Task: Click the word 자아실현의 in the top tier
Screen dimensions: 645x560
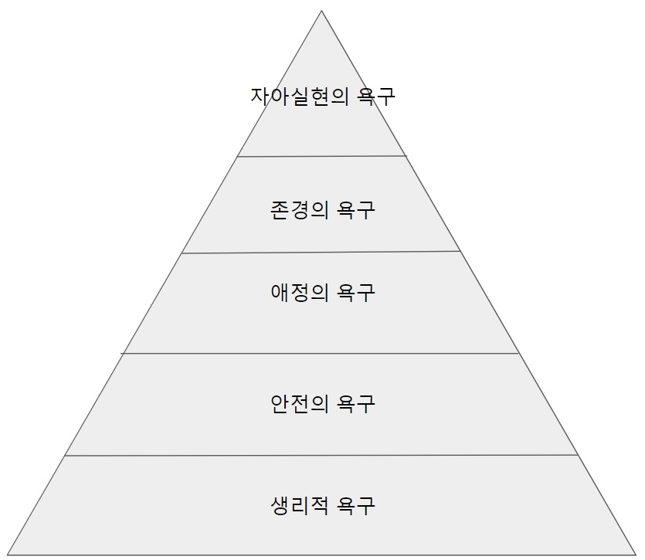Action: tap(301, 97)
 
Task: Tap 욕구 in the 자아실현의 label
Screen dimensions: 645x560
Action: tap(378, 97)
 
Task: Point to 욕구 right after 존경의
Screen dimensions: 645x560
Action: tap(357, 209)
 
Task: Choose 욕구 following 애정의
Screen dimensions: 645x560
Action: tap(357, 292)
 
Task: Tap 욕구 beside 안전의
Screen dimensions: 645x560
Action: tap(357, 403)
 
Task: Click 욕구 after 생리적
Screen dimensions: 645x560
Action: tap(357, 506)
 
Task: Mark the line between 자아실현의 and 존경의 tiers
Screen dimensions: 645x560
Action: tap(321, 156)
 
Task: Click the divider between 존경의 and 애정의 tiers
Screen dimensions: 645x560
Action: tap(321, 252)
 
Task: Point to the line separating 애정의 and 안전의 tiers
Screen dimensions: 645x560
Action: tap(321, 353)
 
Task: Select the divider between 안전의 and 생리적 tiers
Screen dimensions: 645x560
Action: tap(321, 455)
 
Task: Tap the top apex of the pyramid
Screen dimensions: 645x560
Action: tap(322, 10)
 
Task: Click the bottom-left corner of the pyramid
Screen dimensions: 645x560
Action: tap(8, 554)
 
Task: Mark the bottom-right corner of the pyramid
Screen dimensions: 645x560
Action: tap(635, 554)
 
